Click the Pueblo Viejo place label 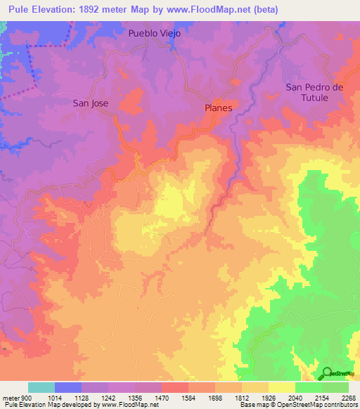coord(155,33)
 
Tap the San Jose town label coord(91,103)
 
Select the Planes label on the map coord(218,108)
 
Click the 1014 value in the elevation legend coord(55,397)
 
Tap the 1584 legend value coord(188,397)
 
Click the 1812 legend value coord(242,397)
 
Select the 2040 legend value coord(295,397)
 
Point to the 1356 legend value coord(135,397)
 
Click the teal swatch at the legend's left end coord(41,387)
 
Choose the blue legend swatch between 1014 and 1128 coord(68,387)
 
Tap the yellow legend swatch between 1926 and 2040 coord(282,387)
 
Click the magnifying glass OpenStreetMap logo coord(328,373)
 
